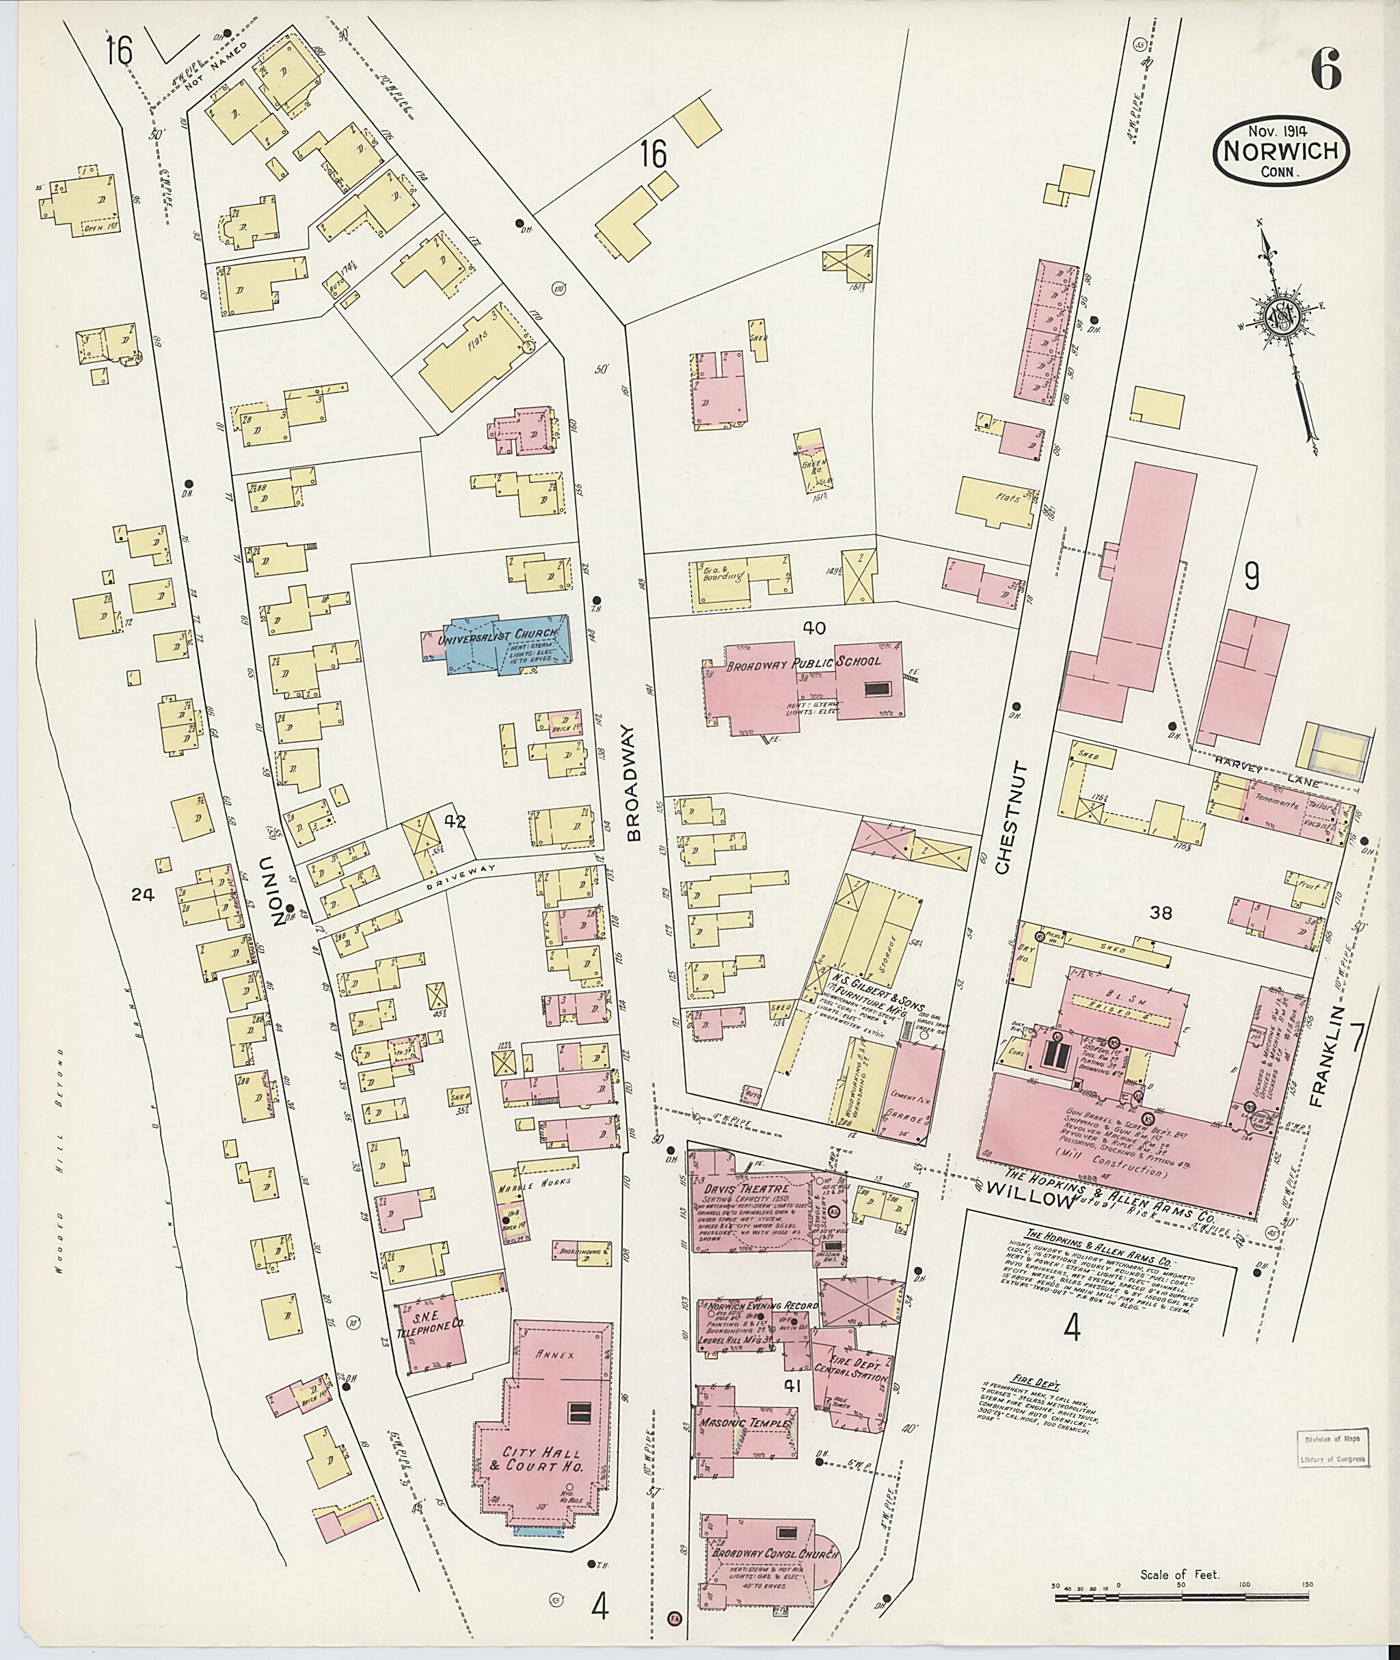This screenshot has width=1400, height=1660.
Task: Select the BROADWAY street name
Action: [x=632, y=781]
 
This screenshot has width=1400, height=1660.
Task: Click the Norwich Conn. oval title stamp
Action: [x=1281, y=154]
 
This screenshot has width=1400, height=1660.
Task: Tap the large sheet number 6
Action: [x=1325, y=71]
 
